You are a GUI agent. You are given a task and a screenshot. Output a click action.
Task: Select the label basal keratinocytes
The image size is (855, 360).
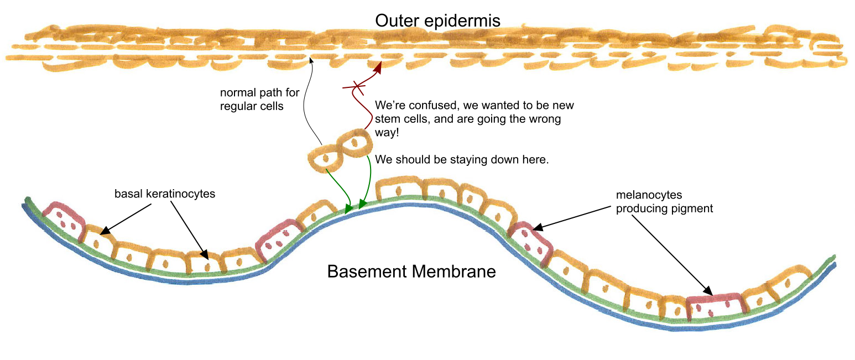click(165, 194)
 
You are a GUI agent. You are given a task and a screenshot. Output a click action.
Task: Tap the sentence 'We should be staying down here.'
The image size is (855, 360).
click(461, 160)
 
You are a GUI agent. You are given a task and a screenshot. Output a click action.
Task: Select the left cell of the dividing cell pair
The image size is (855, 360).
click(325, 158)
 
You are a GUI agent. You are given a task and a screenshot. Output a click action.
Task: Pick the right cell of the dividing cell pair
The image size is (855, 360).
click(353, 141)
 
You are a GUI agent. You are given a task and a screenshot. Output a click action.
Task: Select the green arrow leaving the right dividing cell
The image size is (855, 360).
click(367, 182)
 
